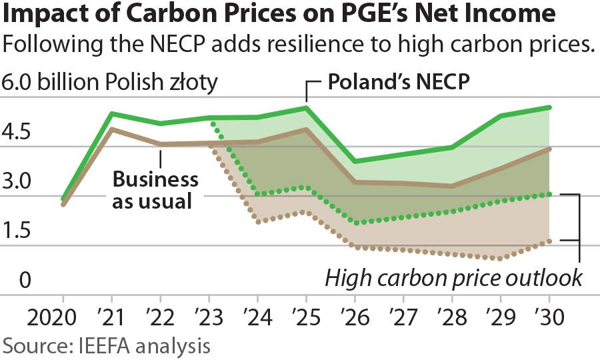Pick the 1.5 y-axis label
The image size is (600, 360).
16,231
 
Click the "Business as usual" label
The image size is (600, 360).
155,189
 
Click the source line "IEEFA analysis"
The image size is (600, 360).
107,346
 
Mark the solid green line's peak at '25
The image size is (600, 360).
306,107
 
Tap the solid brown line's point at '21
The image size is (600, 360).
111,129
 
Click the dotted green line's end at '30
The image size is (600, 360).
549,194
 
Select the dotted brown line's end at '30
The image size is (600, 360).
549,241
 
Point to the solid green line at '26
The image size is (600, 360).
355,161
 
